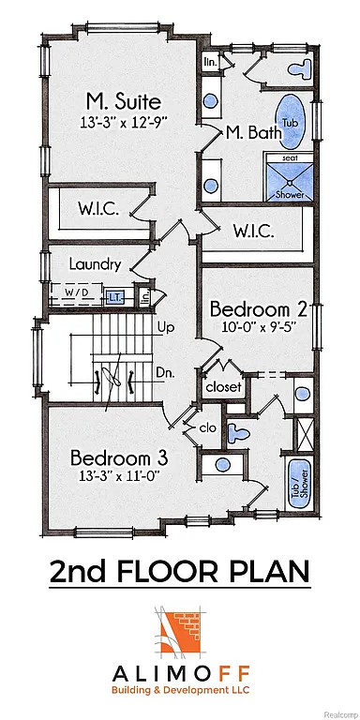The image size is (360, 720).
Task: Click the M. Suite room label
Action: [x=123, y=101]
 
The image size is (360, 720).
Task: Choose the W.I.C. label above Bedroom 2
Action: [x=253, y=231]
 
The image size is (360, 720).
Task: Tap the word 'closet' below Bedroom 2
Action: [x=223, y=385]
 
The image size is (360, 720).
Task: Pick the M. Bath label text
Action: [x=254, y=133]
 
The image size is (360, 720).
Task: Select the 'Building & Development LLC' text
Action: [x=180, y=689]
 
